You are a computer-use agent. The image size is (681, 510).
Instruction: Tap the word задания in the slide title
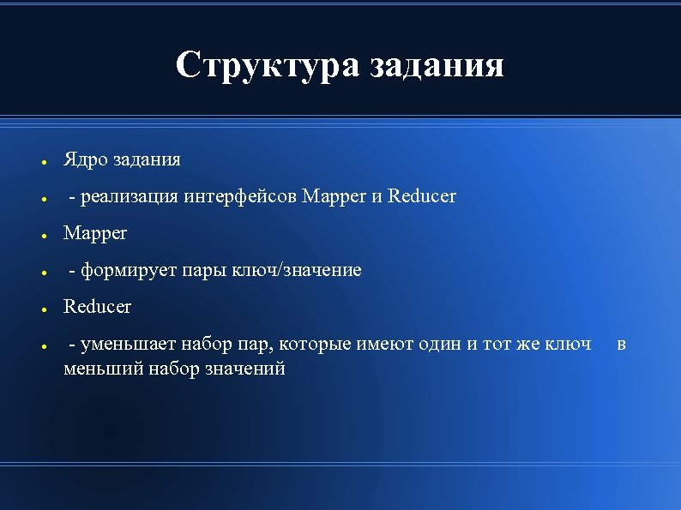pos(437,65)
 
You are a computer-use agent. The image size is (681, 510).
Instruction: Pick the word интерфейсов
pos(241,197)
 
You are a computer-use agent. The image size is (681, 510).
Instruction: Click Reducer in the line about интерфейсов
pos(422,197)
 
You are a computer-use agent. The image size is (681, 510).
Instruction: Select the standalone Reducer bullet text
pos(97,307)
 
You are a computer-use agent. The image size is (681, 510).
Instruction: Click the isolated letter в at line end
pos(621,345)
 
